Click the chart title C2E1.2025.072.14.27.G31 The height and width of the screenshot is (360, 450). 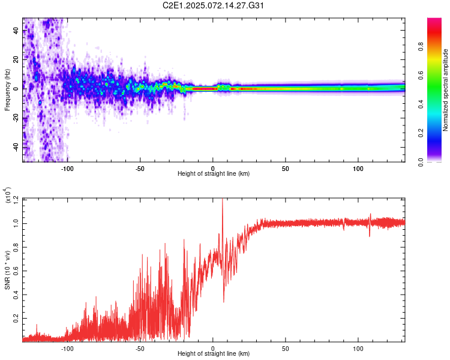click(x=214, y=5)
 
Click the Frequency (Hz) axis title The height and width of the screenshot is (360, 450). click(x=7, y=90)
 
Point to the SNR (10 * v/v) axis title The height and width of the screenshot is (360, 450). click(x=7, y=269)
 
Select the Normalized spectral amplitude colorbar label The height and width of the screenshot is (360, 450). click(x=446, y=90)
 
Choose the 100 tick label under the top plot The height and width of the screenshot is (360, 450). click(x=358, y=168)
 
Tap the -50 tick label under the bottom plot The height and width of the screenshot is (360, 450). click(x=139, y=348)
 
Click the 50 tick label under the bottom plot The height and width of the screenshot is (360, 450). click(x=286, y=348)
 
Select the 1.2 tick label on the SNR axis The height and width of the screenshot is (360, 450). click(x=16, y=198)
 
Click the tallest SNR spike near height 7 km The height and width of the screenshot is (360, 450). click(x=223, y=200)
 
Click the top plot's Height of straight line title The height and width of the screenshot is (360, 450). click(x=214, y=174)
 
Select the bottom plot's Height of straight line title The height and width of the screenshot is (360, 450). click(x=214, y=354)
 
